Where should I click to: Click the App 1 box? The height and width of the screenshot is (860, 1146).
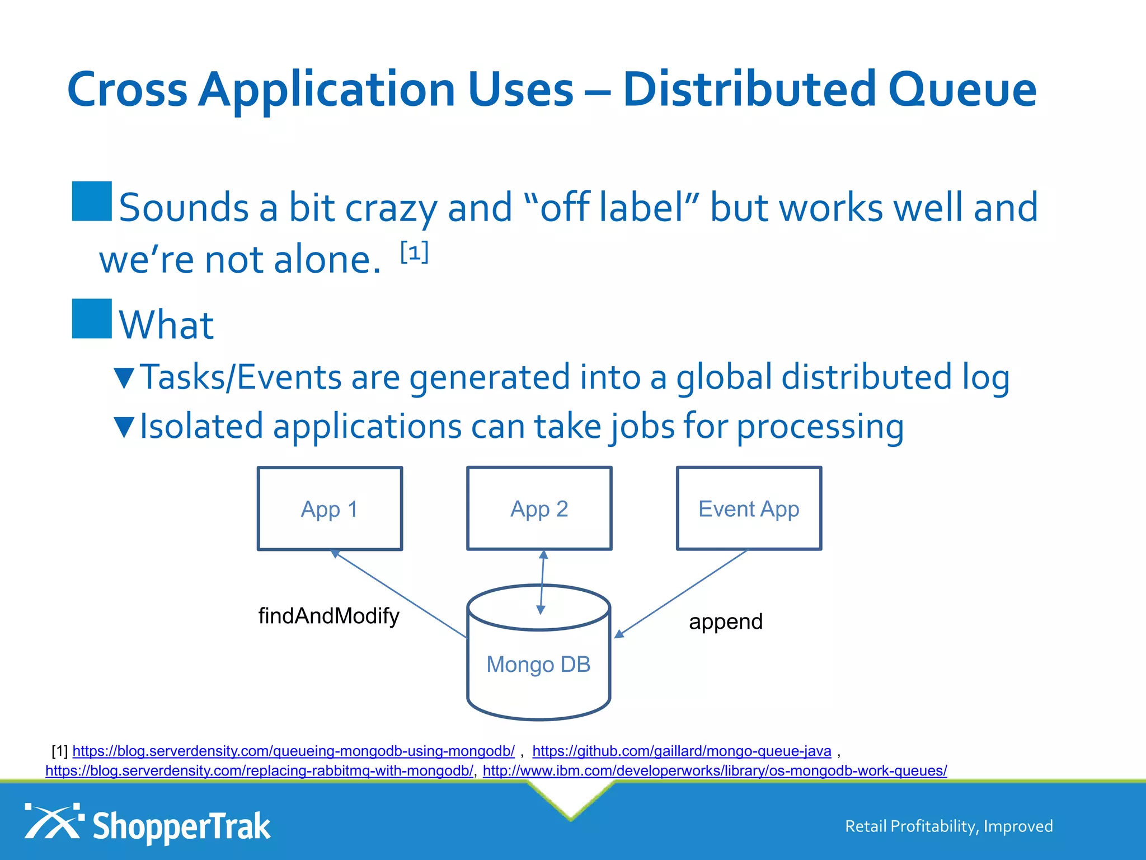pos(330,508)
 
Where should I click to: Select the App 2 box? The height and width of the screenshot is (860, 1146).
pos(539,508)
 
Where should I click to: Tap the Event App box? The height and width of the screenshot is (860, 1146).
pos(749,508)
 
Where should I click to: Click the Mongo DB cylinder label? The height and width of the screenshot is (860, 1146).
pos(538,665)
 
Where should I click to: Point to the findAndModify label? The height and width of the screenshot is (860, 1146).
pos(328,616)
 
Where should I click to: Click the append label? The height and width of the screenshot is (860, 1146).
pos(725,621)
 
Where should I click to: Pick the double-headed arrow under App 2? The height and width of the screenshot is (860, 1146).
pos(542,582)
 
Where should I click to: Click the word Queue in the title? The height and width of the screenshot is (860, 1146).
pos(962,90)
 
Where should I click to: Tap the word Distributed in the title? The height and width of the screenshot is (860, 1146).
pos(749,90)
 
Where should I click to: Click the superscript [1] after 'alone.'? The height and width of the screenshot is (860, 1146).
pos(415,253)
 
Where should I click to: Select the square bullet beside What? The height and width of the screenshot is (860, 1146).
pos(92,319)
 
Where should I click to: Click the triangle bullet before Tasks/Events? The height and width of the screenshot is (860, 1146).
pos(124,378)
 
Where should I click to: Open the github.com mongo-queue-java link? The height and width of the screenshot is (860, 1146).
pos(682,751)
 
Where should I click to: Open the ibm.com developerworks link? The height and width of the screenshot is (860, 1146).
pos(715,771)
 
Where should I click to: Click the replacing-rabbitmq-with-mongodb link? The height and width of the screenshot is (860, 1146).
pos(259,771)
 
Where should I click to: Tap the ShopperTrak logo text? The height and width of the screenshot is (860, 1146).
pos(181,826)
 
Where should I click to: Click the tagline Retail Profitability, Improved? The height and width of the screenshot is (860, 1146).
pos(948,826)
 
